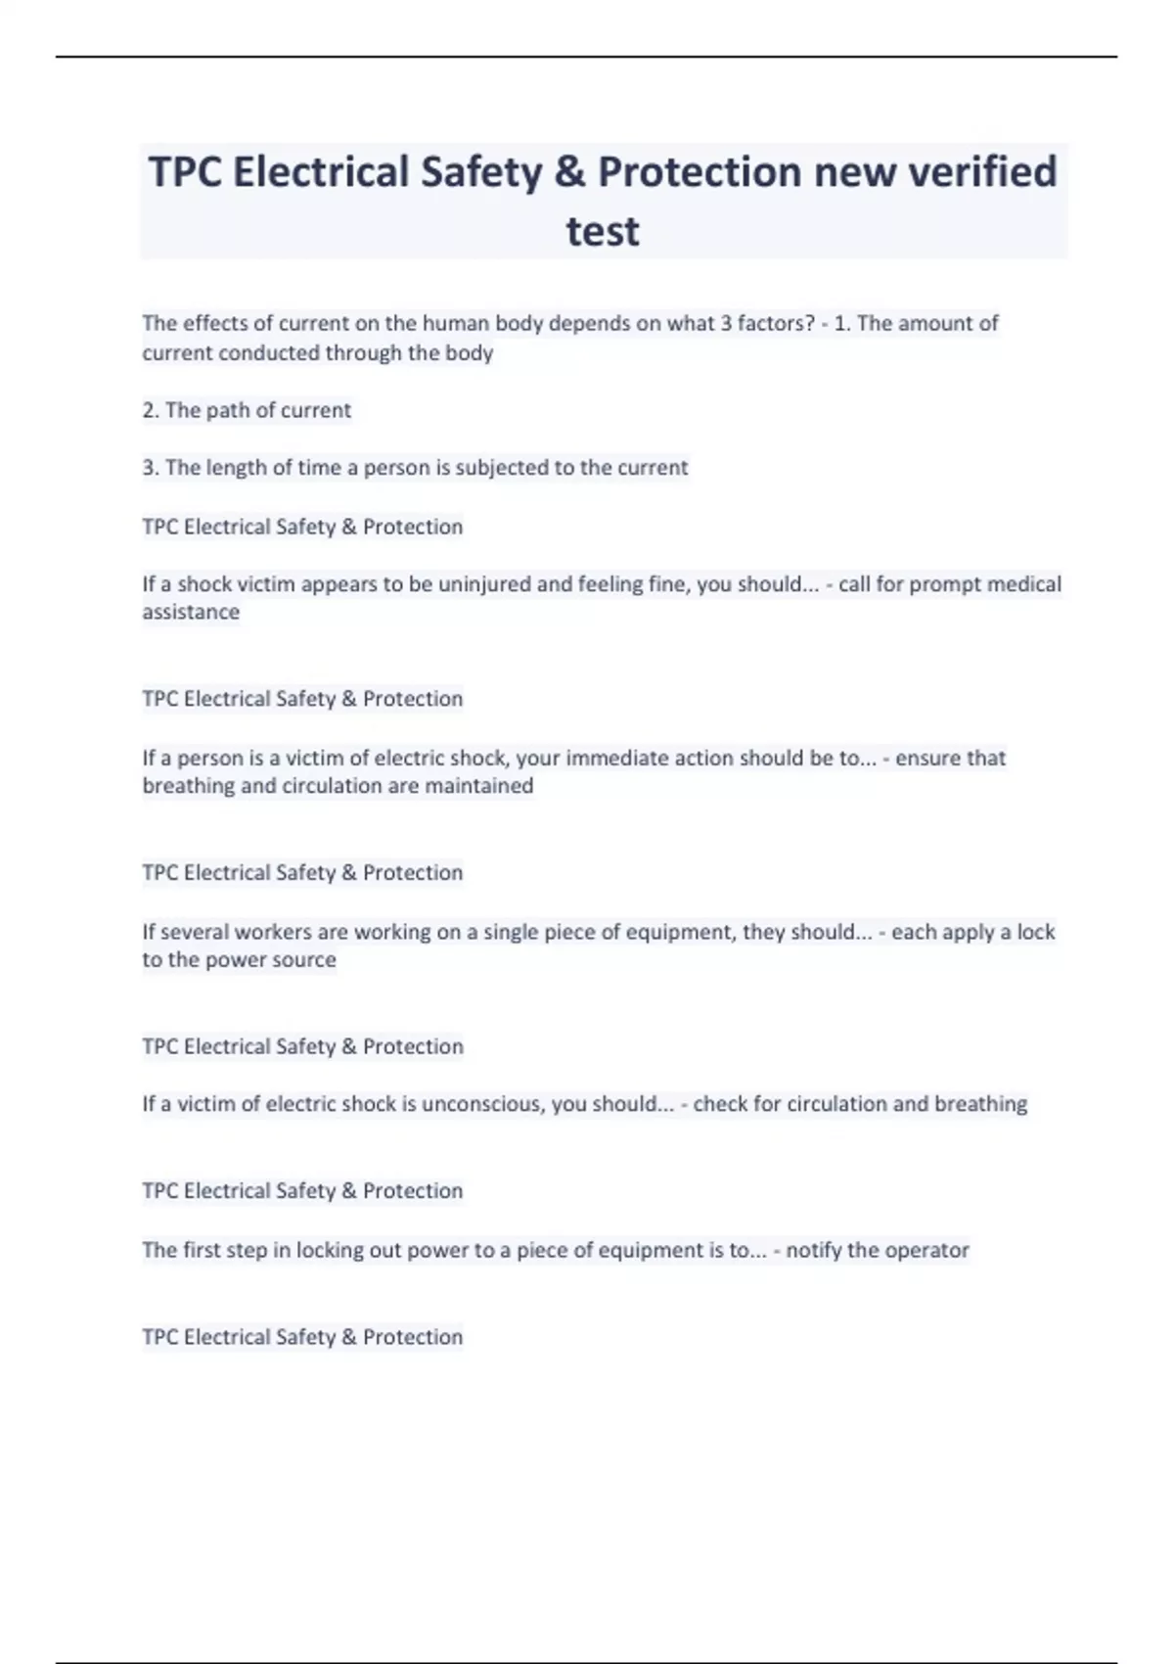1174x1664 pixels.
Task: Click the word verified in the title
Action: point(982,172)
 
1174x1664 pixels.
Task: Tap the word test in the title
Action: point(603,232)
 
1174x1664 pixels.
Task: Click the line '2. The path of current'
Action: point(247,410)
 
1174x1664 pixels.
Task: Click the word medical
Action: point(1023,584)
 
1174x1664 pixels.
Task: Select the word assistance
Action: point(191,613)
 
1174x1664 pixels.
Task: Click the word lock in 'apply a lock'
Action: point(1035,932)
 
